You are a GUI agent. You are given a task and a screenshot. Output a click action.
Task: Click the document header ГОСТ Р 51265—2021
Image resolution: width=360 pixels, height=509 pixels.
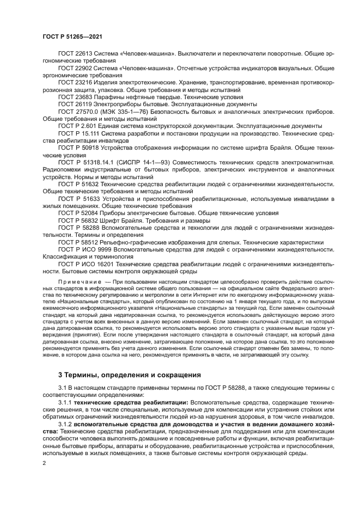tap(72, 36)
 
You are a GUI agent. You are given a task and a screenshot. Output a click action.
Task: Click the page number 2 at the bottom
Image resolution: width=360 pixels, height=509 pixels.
tap(44, 463)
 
